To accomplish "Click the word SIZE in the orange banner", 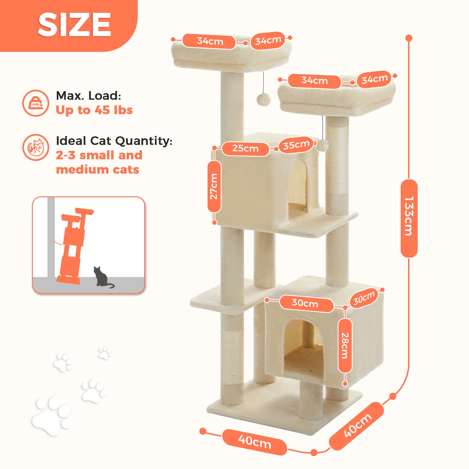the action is coord(74,25).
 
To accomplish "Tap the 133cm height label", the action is coord(409,216).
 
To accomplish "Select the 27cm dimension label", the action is coord(214,186).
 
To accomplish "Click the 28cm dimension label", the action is coord(345,346).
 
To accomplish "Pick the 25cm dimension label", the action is coord(245,148).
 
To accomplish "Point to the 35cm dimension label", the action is coord(296,145).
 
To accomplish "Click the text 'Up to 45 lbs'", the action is coord(94,110).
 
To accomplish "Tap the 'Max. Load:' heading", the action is coord(89,96).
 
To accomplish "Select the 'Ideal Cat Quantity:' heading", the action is coord(114,141).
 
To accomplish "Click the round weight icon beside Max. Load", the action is coord(36,103).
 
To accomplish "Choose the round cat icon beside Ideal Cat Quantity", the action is coord(36,147).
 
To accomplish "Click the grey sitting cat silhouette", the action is coord(102,277).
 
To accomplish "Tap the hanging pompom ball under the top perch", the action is coord(263,99).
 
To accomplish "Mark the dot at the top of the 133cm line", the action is coord(409,38).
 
